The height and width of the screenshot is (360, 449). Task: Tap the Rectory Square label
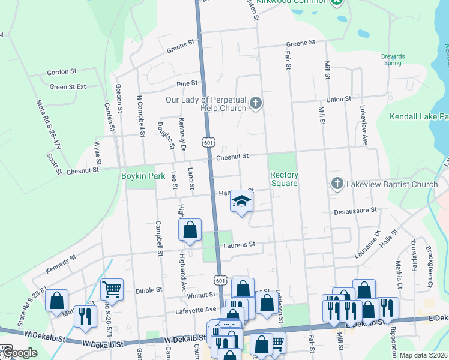point(284,179)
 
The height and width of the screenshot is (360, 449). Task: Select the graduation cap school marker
point(241,202)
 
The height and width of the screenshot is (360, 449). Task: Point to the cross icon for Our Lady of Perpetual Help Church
point(256,103)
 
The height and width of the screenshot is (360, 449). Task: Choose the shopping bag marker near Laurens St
point(190,230)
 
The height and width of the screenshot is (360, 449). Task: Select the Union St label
point(338,99)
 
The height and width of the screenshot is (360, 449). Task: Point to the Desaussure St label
point(354,211)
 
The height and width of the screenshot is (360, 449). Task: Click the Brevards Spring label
point(393,59)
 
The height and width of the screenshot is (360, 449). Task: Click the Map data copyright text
point(423,355)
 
